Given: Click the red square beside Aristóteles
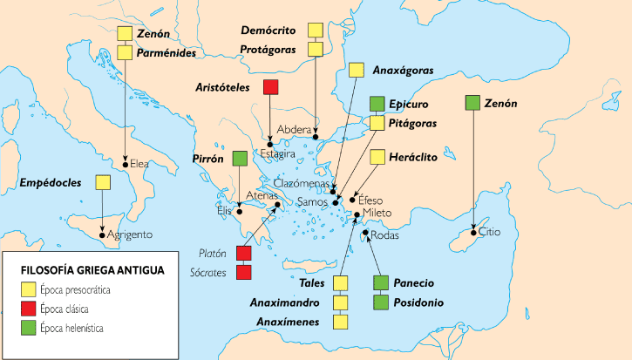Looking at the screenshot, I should (x=270, y=87).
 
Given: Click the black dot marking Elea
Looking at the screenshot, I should (x=126, y=163).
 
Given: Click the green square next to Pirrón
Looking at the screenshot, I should (x=241, y=160).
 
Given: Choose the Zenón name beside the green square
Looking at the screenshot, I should (x=500, y=103).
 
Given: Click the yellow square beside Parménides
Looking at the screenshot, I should (x=126, y=52).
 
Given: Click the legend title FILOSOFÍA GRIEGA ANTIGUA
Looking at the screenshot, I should (x=86, y=270).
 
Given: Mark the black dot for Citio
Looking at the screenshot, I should (x=472, y=232).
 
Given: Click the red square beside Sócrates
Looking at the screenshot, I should (x=244, y=273).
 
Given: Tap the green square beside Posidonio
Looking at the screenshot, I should (x=379, y=302).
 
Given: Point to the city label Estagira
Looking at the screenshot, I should (x=278, y=153).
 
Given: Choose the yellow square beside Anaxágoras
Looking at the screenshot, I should (x=356, y=71).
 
